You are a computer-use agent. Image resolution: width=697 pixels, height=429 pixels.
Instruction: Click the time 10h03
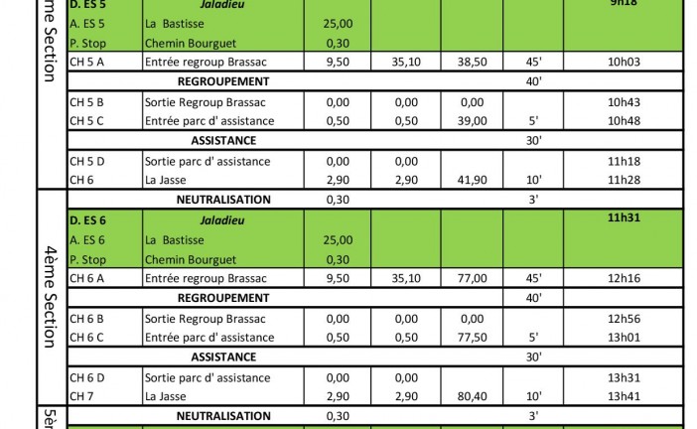pyautogui.click(x=624, y=61)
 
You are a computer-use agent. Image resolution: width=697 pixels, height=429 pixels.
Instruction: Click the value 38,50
pyautogui.click(x=472, y=61)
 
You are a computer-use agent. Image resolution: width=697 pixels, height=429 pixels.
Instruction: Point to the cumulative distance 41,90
pyautogui.click(x=472, y=179)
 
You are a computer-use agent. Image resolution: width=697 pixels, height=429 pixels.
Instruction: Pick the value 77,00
pyautogui.click(x=472, y=278)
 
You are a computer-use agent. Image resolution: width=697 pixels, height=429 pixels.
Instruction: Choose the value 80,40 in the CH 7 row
pyautogui.click(x=472, y=396)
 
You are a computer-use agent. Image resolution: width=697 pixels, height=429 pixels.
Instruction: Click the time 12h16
pyautogui.click(x=624, y=278)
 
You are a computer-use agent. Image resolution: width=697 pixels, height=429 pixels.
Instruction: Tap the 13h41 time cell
pyautogui.click(x=624, y=396)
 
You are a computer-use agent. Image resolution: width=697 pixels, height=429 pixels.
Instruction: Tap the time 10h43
pyautogui.click(x=624, y=101)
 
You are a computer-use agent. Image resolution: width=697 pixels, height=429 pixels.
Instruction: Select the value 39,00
pyautogui.click(x=472, y=120)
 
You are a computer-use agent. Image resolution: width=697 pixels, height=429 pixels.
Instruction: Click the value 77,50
pyautogui.click(x=472, y=338)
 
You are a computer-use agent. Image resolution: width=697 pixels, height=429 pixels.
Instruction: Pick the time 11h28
pyautogui.click(x=624, y=179)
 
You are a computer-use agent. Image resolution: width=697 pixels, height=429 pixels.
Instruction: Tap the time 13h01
pyautogui.click(x=624, y=338)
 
